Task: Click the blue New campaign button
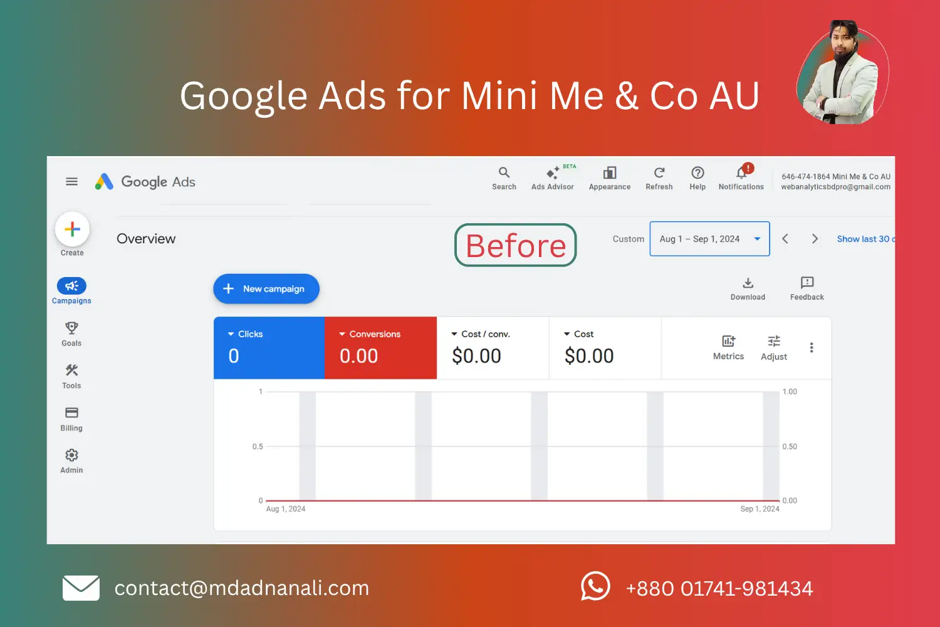pos(266,288)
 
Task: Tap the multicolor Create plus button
pos(72,229)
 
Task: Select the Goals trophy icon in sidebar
pos(71,328)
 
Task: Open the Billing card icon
pos(71,413)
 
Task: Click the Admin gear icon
pos(71,455)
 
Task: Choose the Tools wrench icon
pos(71,370)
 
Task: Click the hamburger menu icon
pos(72,182)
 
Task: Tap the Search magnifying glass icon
pos(504,172)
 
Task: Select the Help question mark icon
pos(697,172)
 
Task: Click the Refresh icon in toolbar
pos(659,172)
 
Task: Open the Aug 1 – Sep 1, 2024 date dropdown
pos(709,239)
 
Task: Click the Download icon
pos(748,283)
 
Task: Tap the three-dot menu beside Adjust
pos(812,348)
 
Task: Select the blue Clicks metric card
pos(269,348)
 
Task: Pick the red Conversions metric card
pos(380,348)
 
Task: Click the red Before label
pos(516,245)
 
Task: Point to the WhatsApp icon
pos(595,586)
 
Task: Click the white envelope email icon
pos(81,588)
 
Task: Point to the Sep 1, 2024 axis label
pos(760,509)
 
